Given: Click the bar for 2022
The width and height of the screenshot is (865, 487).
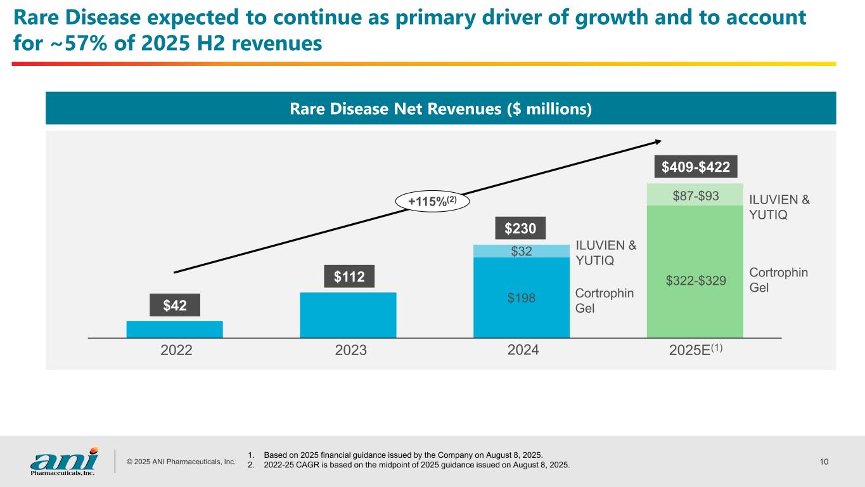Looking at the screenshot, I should (x=174, y=329).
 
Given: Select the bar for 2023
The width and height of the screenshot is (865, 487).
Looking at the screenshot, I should (x=348, y=315).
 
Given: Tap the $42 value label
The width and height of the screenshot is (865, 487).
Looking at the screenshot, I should (x=175, y=305).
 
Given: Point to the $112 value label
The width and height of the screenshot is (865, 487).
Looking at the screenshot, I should (x=348, y=276).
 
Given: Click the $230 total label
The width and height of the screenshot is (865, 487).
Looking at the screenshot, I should (x=522, y=228).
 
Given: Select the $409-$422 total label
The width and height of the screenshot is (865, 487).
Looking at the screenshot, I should (x=695, y=167).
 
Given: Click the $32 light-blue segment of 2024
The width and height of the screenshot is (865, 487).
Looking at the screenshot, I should (x=522, y=251).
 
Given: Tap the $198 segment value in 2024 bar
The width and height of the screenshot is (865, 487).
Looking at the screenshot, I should (x=522, y=297).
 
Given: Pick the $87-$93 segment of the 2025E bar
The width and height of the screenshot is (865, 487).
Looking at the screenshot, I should (x=695, y=196).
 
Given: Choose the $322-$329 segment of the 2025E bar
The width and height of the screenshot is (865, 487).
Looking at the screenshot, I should (x=695, y=280).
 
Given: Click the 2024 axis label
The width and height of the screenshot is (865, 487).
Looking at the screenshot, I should (x=523, y=351).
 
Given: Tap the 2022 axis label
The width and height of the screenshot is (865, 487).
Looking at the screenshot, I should (x=176, y=351).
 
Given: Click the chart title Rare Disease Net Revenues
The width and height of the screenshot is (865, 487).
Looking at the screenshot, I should (x=440, y=109).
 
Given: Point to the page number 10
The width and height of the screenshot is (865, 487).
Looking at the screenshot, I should (x=824, y=462).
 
